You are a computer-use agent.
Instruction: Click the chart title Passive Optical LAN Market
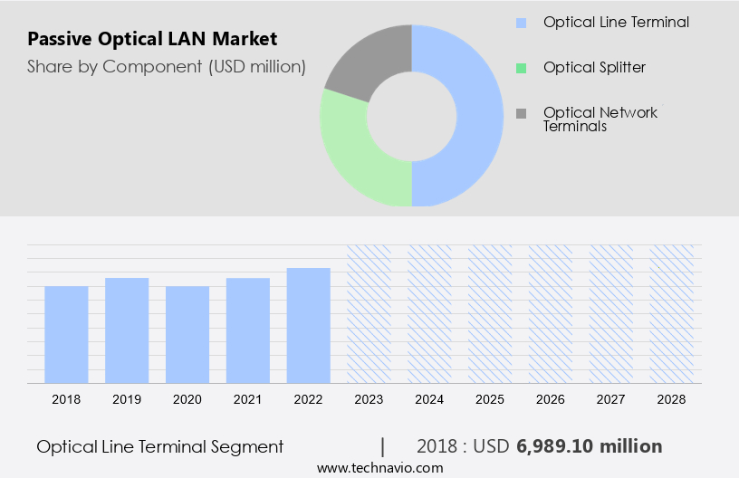[x=152, y=39]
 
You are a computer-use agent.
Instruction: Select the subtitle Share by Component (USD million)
[x=166, y=66]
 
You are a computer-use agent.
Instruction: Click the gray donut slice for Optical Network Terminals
[x=367, y=61]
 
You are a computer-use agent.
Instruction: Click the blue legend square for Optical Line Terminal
[x=521, y=23]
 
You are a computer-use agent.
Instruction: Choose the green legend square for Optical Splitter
[x=521, y=68]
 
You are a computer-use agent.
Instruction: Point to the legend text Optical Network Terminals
[x=600, y=119]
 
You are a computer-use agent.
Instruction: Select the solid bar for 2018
[x=66, y=334]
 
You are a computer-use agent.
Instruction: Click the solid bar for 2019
[x=127, y=330]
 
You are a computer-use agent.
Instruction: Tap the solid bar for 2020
[x=187, y=334]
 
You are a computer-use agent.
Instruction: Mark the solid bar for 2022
[x=309, y=325]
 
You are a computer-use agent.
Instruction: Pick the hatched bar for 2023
[x=369, y=313]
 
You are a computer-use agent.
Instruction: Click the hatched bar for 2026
[x=551, y=313]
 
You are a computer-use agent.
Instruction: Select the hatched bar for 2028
[x=672, y=313]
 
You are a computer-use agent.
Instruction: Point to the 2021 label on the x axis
[x=248, y=398]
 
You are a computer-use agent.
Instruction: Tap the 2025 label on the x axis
[x=490, y=398]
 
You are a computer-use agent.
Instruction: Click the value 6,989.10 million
[x=589, y=446]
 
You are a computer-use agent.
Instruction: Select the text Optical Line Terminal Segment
[x=160, y=446]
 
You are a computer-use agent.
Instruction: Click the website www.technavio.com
[x=379, y=468]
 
